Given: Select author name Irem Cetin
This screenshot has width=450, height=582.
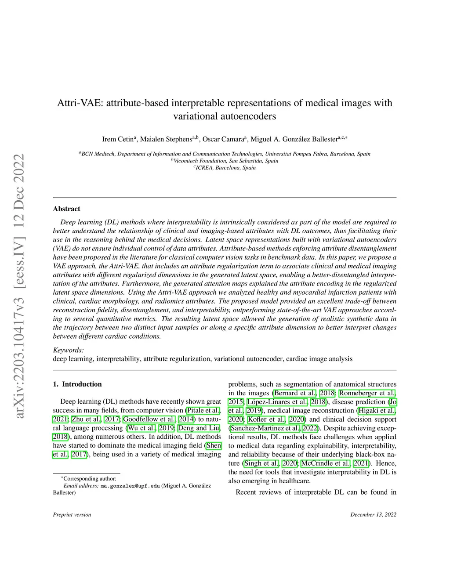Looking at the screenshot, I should coord(118,140).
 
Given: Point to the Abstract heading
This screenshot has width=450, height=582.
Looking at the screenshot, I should coord(66,209).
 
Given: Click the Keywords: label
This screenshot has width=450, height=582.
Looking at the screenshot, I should coord(68,350).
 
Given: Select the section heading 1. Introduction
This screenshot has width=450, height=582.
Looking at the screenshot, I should coord(77,384).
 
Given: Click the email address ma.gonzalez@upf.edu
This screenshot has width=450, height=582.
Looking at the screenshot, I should coord(130,486).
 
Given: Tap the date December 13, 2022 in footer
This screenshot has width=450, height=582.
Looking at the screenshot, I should coord(373,514).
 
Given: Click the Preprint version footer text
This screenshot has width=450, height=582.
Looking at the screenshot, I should coord(72,514).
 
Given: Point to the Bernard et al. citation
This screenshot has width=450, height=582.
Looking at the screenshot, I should coord(295,393).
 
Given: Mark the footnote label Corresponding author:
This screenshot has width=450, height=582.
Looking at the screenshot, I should coord(90,479).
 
